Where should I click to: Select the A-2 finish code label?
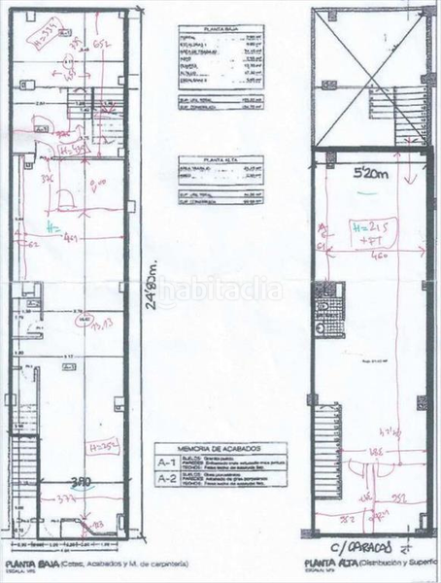(x=169, y=478)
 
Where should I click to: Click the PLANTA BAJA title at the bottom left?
(x=28, y=564)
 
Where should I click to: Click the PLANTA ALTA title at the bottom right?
(x=329, y=563)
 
